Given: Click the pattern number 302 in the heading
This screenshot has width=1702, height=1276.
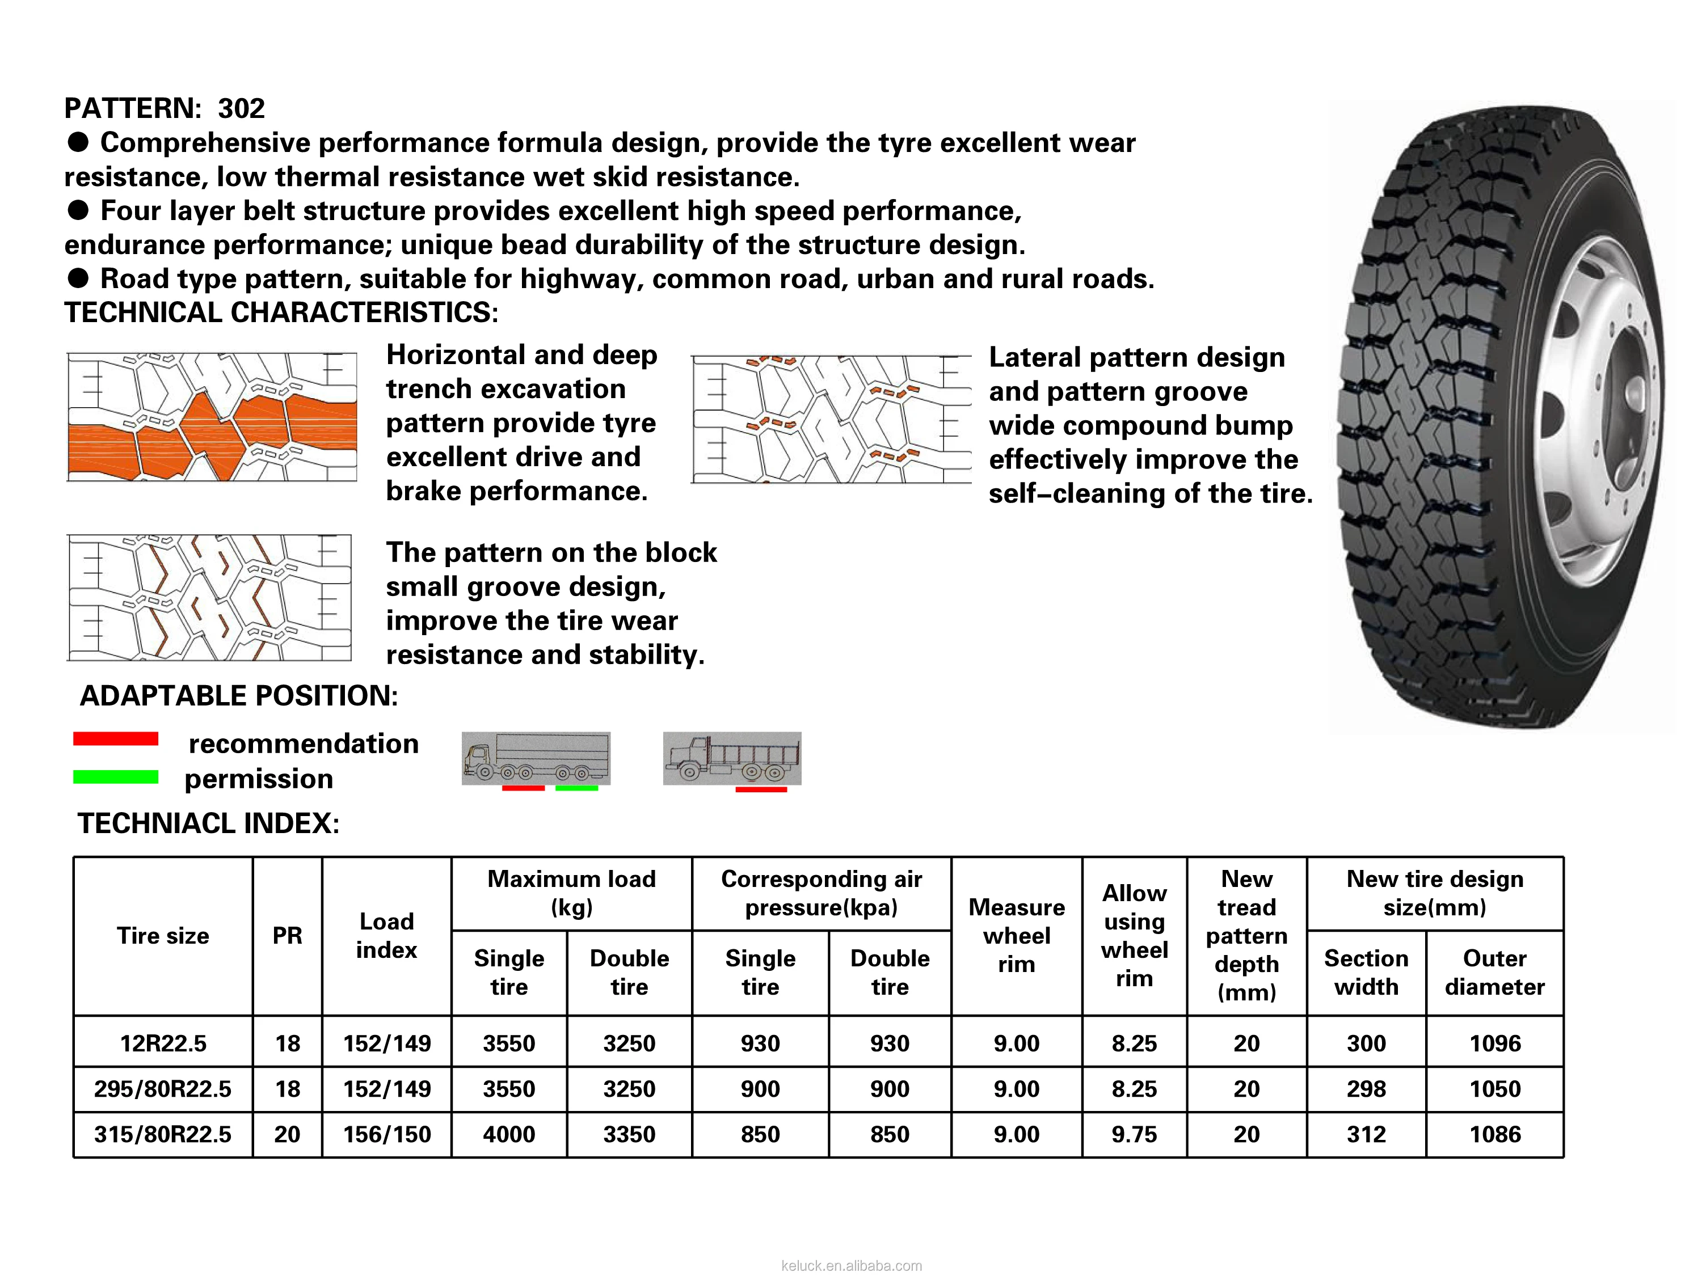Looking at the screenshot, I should click(x=241, y=108).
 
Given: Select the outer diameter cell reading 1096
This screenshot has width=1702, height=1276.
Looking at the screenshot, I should click(x=1494, y=1043).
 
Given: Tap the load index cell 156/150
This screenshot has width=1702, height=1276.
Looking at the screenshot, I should click(x=386, y=1134).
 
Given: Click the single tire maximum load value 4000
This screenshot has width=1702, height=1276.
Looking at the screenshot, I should click(x=508, y=1134).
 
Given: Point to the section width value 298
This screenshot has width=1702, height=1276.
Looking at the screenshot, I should click(x=1366, y=1088).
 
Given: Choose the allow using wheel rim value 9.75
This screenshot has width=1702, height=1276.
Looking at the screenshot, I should click(x=1134, y=1134).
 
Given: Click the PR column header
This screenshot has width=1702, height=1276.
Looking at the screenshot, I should click(x=287, y=935).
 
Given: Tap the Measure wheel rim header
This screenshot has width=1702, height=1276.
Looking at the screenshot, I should click(x=1017, y=935).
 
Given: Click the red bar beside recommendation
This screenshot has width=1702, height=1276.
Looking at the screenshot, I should click(x=115, y=739).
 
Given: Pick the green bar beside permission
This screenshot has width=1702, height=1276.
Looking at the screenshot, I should click(x=115, y=777).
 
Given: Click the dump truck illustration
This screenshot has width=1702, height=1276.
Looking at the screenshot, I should click(x=732, y=758).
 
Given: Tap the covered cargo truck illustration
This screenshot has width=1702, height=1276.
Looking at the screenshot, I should click(x=536, y=758).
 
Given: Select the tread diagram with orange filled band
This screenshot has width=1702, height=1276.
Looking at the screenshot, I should click(x=212, y=417).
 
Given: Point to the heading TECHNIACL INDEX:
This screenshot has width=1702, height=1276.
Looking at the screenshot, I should click(x=209, y=823).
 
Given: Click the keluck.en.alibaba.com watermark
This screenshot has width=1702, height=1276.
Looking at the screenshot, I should click(x=851, y=1265).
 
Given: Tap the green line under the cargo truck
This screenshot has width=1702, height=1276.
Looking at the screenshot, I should click(x=576, y=788).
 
